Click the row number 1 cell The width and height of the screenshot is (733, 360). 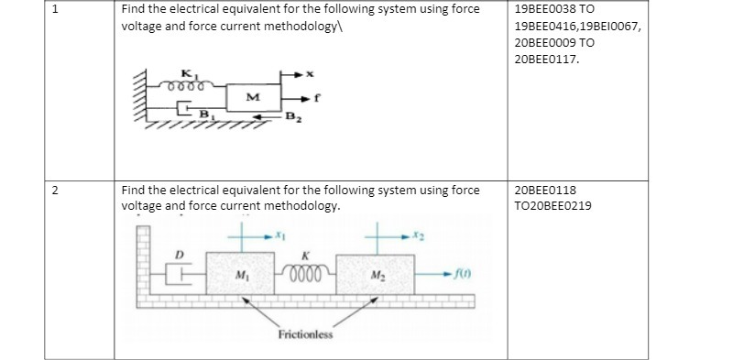[56, 11]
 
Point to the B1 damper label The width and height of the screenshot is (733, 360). [207, 113]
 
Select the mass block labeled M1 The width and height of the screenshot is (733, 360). [241, 273]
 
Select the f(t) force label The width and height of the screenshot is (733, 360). [468, 272]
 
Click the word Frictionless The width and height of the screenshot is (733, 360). [306, 333]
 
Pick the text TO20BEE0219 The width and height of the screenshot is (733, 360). [553, 205]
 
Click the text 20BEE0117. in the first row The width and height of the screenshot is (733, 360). [548, 59]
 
